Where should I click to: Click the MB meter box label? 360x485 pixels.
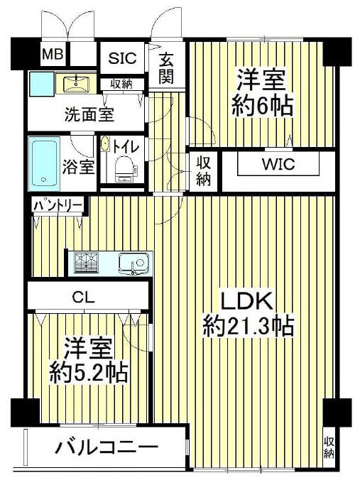[53, 55]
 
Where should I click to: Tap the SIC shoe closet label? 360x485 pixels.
[122, 58]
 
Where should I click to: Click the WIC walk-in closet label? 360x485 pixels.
[278, 164]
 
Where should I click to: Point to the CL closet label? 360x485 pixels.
[84, 298]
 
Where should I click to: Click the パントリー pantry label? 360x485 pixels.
[58, 205]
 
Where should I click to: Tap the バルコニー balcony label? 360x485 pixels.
[106, 447]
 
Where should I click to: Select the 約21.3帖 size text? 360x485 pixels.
[248, 327]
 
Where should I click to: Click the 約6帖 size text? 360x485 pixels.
[262, 106]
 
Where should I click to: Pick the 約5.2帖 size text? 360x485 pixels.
[89, 373]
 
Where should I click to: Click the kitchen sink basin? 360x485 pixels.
[134, 263]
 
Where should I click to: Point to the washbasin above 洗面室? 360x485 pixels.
[76, 84]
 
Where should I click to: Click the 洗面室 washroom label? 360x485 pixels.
[89, 115]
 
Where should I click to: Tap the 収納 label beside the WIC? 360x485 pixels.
[204, 171]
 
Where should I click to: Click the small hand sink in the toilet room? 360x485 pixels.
[104, 144]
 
